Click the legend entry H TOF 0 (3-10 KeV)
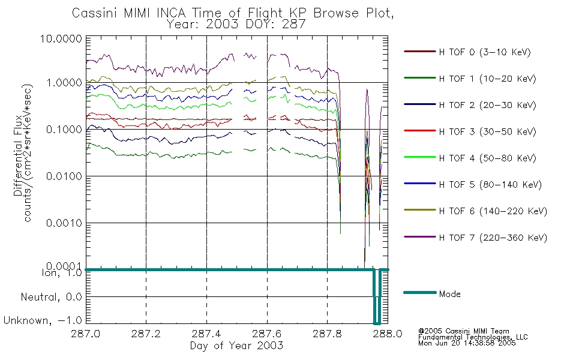485,52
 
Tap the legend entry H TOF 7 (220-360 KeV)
493,238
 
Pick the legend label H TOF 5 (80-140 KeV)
490,185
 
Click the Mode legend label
451,294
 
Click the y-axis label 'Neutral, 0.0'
52,297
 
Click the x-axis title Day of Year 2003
236,346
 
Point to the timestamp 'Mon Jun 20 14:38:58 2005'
467,344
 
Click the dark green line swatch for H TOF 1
419,79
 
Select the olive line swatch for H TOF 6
419,211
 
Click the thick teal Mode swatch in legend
419,293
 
